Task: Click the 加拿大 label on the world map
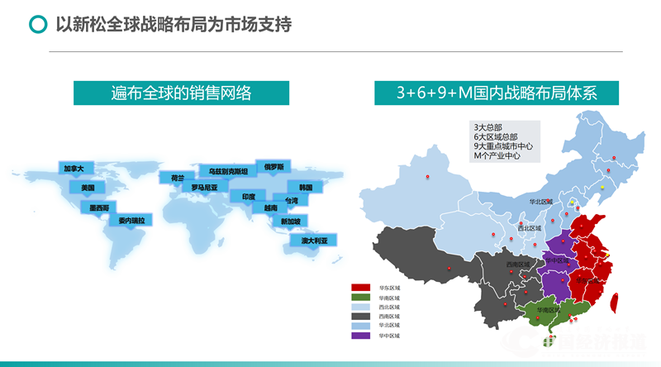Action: [x=74, y=169]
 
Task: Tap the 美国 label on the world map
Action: [x=88, y=188]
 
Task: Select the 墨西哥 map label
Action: [x=100, y=207]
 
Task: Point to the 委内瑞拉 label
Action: [x=131, y=221]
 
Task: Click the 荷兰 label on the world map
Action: [x=177, y=178]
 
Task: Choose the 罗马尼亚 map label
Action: [x=204, y=188]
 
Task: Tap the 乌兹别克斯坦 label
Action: [x=228, y=171]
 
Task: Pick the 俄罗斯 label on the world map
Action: [x=273, y=166]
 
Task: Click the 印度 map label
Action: [x=248, y=197]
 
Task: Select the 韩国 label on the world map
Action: [x=305, y=188]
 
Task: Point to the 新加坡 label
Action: [x=291, y=222]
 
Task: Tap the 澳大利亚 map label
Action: [x=314, y=241]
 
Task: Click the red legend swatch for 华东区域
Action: [x=361, y=288]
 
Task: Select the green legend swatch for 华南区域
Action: [x=361, y=298]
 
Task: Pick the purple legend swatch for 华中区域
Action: [x=361, y=336]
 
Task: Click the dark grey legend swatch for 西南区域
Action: [x=361, y=317]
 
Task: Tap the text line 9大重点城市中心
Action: [x=503, y=146]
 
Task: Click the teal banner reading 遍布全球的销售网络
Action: [x=181, y=93]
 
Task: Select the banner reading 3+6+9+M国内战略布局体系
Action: [x=497, y=93]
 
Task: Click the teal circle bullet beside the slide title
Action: [x=37, y=25]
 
